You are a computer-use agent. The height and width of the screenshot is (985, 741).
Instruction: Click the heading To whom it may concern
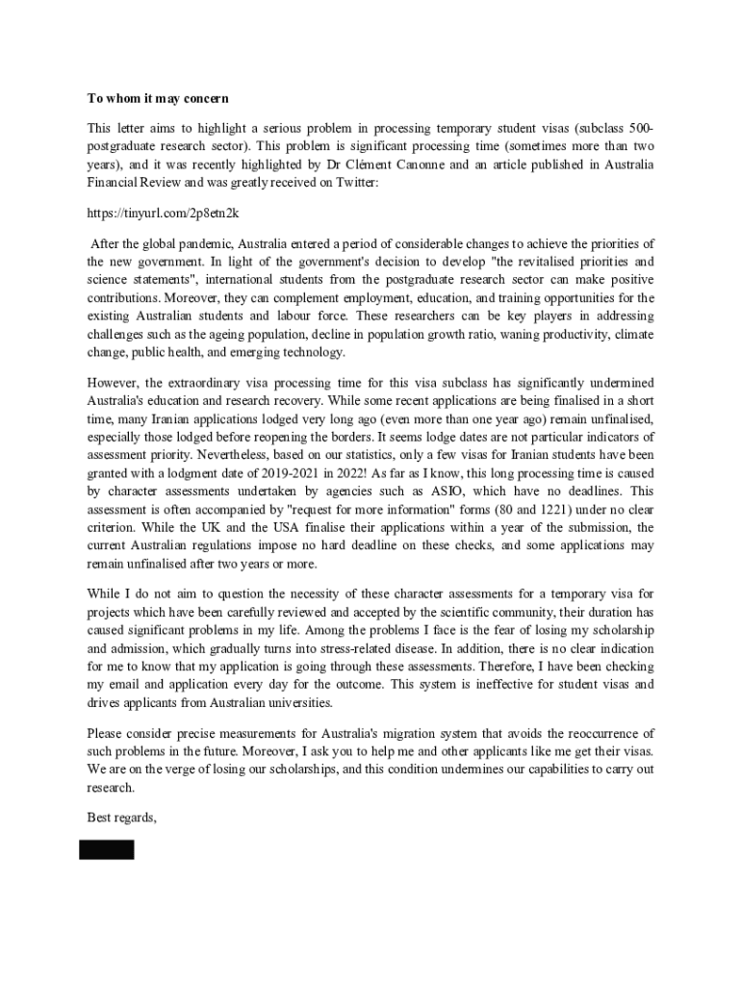(158, 98)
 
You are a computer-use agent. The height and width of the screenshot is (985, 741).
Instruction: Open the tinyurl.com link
(163, 213)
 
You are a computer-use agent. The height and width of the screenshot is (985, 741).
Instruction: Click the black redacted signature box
(107, 849)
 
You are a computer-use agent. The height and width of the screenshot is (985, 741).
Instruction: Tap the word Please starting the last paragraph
(107, 733)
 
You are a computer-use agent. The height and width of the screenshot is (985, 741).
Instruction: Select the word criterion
(115, 527)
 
